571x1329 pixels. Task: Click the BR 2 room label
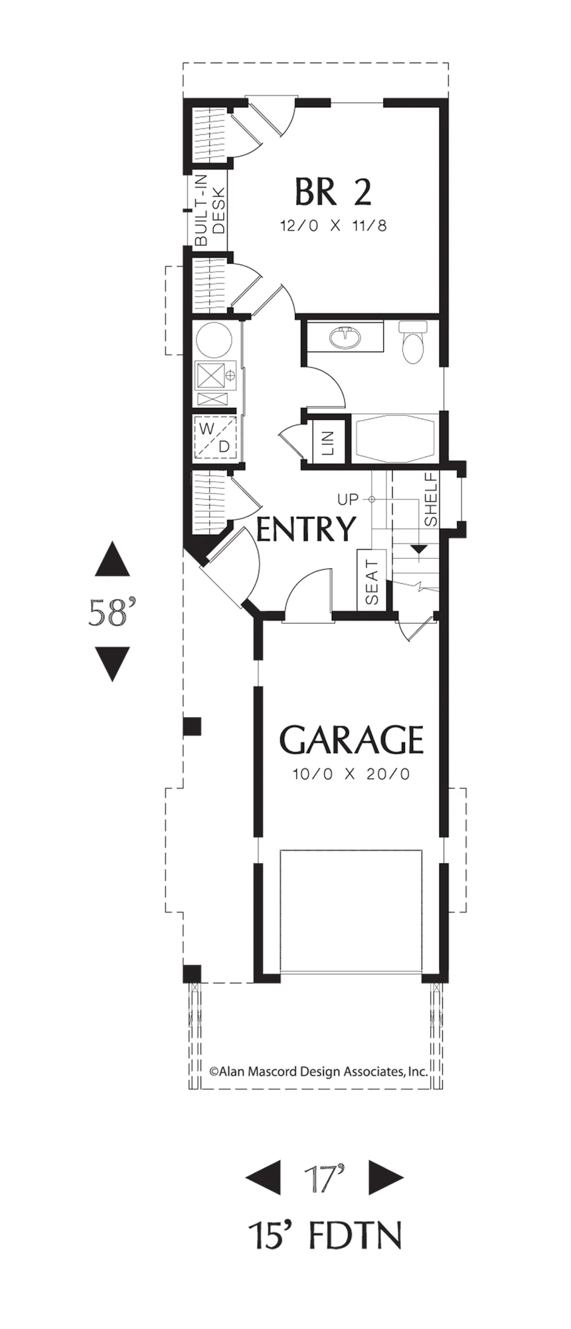coord(333,193)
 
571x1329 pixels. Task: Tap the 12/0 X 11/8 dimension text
coord(333,225)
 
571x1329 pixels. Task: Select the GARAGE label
coord(351,739)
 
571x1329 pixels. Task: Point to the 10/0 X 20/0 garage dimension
coord(351,774)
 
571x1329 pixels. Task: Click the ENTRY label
coord(306,530)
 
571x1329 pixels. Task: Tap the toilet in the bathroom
coord(413,342)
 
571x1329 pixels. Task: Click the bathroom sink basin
coord(345,338)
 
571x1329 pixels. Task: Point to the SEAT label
coord(371,582)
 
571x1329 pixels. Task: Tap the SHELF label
coord(430,499)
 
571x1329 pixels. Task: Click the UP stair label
coord(347,498)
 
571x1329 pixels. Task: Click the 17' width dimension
coord(325,1178)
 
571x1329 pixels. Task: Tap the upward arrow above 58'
coord(112,559)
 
